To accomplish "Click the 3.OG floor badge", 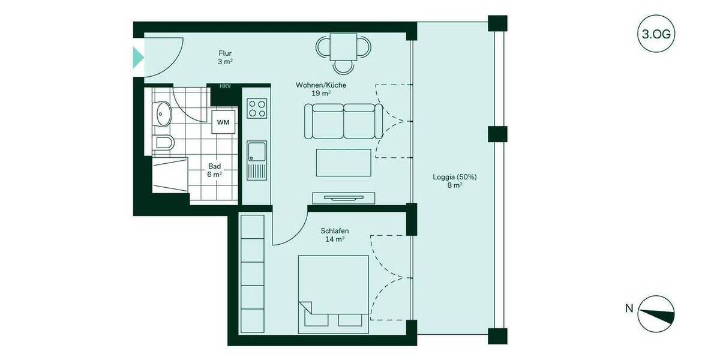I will pos(656,34).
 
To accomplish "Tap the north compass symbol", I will pos(656,314).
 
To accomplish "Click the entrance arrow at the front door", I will pos(138,58).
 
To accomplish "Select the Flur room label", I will pos(225,57).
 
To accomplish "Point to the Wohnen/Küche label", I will pos(321,89).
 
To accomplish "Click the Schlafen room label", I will pos(335,235).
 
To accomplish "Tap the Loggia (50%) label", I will pos(454,181).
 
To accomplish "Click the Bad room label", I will pos(215,170).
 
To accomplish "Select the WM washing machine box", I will pos(223,122).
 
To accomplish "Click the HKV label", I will pos(225,86).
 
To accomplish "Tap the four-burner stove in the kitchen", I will pos(257,109).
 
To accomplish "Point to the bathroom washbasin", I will pos(161,113).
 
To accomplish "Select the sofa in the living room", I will pos(343,121).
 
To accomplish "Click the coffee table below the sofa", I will pos(343,163).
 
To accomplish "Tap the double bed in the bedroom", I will pos(334,293).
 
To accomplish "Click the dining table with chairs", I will pos(344,49).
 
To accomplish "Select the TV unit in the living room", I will pos(343,197).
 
